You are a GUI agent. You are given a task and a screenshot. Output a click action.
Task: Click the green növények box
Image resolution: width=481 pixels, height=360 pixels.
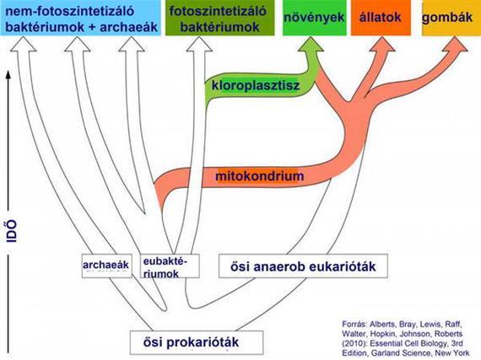(315, 18)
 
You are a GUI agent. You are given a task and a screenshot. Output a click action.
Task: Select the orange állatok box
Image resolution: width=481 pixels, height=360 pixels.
(381, 18)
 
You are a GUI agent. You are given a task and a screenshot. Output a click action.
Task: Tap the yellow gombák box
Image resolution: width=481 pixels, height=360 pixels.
(451, 18)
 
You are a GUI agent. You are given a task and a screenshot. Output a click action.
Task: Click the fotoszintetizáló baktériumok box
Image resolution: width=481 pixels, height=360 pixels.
(219, 18)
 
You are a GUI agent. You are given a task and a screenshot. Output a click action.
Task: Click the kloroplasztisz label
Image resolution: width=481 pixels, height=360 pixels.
(256, 85)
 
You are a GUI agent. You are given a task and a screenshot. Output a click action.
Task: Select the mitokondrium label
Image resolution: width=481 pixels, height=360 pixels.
(260, 176)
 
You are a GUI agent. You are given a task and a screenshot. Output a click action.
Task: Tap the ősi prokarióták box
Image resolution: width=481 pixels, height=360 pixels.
(197, 342)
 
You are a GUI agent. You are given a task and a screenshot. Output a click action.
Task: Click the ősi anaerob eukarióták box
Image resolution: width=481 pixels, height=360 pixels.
(303, 266)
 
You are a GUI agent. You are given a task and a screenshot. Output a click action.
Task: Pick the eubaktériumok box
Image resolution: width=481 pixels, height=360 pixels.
(170, 266)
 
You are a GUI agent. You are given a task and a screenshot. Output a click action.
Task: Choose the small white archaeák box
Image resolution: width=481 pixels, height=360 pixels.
(107, 266)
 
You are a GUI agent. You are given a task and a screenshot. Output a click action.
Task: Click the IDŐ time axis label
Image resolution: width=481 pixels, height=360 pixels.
(12, 231)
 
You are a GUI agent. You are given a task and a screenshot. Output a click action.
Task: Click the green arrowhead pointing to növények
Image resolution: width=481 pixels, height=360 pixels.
(311, 44)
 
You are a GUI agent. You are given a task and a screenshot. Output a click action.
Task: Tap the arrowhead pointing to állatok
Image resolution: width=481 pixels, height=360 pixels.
(382, 44)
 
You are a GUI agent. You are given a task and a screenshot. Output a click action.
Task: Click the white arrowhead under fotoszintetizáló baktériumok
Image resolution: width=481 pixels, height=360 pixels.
(199, 44)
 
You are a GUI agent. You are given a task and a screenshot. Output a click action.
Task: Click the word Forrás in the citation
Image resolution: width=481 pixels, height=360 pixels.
(354, 324)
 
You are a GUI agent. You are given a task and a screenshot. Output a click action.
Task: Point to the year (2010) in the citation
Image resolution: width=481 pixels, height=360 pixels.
(353, 344)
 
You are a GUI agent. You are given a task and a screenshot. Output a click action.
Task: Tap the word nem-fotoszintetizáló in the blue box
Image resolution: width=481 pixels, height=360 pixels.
(70, 11)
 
